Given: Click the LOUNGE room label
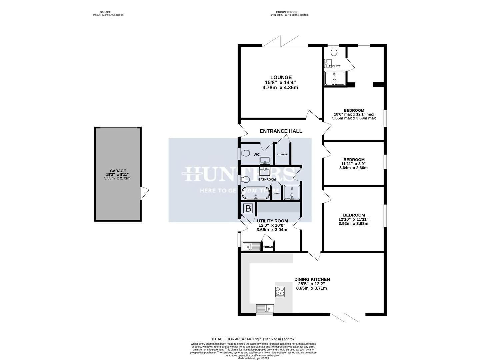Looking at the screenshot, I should pyautogui.click(x=281, y=77).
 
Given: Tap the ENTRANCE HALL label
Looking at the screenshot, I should pyautogui.click(x=281, y=131).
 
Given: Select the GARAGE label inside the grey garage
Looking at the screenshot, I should pyautogui.click(x=117, y=171).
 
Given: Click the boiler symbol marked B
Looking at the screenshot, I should pyautogui.click(x=248, y=209).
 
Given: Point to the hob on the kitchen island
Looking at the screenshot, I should pyautogui.click(x=280, y=292).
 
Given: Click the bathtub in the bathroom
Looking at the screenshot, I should pyautogui.click(x=255, y=193).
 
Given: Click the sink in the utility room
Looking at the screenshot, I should pyautogui.click(x=252, y=246).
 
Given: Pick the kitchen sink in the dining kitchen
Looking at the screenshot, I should pyautogui.click(x=265, y=309).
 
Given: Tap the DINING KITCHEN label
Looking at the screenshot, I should pyautogui.click(x=312, y=279).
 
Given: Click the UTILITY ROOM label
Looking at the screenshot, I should pyautogui.click(x=272, y=221).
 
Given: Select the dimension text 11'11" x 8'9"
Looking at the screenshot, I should pyautogui.click(x=354, y=164).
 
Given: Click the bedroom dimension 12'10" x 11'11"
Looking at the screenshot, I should pyautogui.click(x=353, y=219).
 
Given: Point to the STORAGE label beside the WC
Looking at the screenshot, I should pyautogui.click(x=282, y=154).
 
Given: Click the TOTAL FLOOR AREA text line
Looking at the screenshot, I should pyautogui.click(x=253, y=339).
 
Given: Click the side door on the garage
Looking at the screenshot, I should pyautogui.click(x=144, y=193).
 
